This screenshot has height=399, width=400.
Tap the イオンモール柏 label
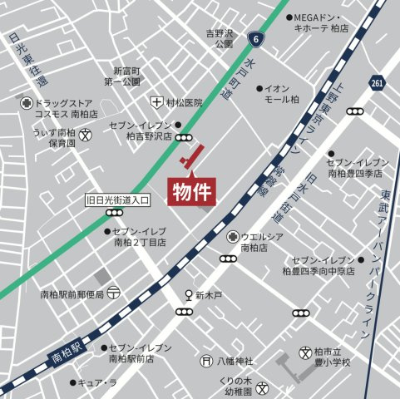pyautogui.click(x=284, y=93)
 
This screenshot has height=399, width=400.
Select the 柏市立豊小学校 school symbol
pyautogui.click(x=306, y=352)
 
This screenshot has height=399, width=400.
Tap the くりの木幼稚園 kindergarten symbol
pyautogui.click(x=262, y=387)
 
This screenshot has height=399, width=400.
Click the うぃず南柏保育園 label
pyautogui.click(x=56, y=137)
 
